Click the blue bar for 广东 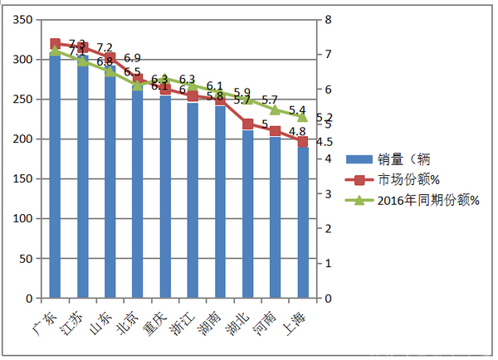[55, 174]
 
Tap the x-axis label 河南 [265, 320]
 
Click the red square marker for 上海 [302, 142]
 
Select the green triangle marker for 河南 [275, 110]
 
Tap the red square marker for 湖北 [247, 124]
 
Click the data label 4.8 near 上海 [297, 131]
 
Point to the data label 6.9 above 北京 [132, 58]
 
